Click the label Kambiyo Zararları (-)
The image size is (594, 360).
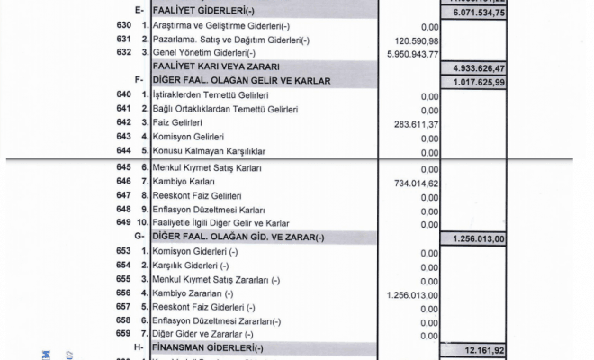click(193, 293)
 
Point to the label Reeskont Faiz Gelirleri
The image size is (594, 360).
click(197, 195)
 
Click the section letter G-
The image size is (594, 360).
click(139, 238)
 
